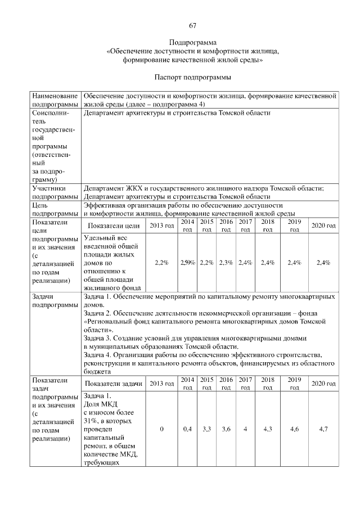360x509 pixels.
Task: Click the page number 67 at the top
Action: (192, 25)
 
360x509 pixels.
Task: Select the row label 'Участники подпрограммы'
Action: (55, 192)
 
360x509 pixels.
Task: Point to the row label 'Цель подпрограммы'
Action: (55, 210)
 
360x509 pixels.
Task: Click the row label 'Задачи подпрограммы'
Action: (55, 299)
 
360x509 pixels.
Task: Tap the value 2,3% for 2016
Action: (226, 263)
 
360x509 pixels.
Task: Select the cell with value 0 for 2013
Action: (161, 429)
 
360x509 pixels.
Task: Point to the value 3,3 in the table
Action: (206, 429)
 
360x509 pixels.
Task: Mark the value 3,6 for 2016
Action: (226, 429)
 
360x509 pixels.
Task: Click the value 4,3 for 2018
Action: (268, 429)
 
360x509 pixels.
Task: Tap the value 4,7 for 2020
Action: (323, 429)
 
